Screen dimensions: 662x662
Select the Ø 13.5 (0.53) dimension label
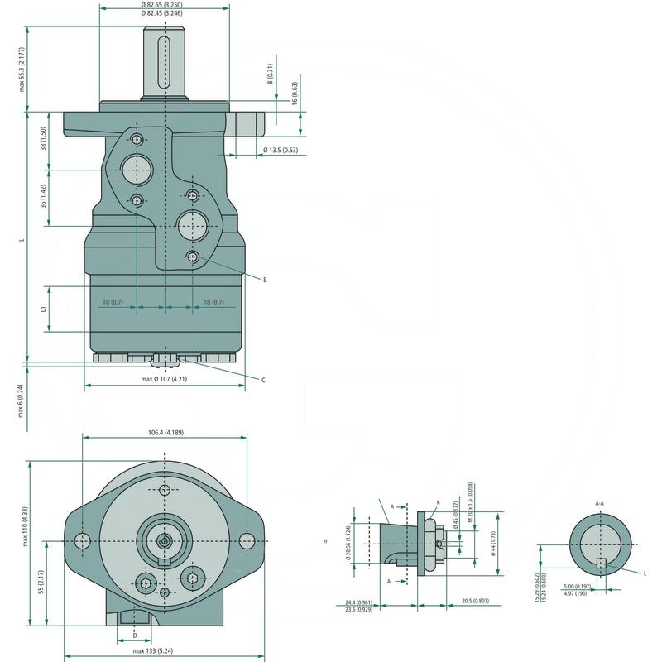click(x=280, y=151)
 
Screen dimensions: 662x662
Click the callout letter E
click(x=265, y=281)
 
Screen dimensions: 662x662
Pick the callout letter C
click(x=263, y=380)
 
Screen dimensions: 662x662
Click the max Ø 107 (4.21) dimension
click(x=164, y=379)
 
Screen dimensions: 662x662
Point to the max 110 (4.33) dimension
click(x=26, y=526)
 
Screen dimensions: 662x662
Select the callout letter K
click(x=438, y=501)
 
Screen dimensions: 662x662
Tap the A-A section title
click(x=600, y=502)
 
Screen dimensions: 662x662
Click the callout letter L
click(x=645, y=572)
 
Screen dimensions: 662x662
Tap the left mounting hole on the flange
click(x=82, y=540)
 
